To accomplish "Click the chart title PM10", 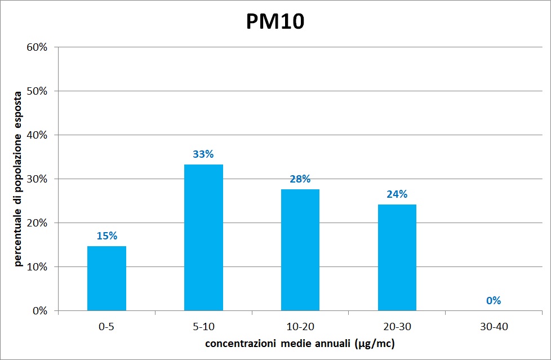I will click(x=275, y=21).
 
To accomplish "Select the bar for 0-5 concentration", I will click(x=106, y=278).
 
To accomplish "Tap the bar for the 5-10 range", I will click(x=203, y=237).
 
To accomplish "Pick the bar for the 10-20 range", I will click(x=300, y=250).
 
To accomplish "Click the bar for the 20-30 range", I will click(x=397, y=257).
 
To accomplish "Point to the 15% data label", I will click(x=106, y=236).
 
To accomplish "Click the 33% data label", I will click(x=203, y=154).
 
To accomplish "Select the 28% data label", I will click(x=300, y=179).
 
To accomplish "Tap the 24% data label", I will click(x=397, y=194).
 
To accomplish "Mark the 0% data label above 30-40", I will click(x=494, y=301).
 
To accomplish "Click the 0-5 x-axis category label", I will click(x=106, y=326).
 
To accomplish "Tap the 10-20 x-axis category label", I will click(x=300, y=326).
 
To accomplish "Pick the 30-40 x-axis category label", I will click(x=494, y=326).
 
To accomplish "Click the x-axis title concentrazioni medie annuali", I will click(x=300, y=344).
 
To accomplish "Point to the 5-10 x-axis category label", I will click(x=203, y=326).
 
